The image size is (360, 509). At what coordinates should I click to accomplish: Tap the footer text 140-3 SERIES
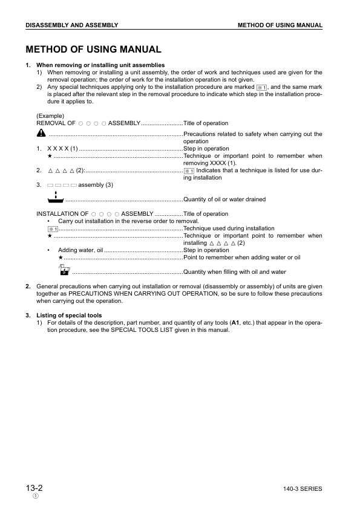pos(302,488)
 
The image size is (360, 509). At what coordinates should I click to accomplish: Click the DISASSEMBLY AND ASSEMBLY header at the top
pos(71,25)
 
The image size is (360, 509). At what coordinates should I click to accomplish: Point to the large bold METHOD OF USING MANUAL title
pos(93,50)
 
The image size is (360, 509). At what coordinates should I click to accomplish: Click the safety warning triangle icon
pos(41,133)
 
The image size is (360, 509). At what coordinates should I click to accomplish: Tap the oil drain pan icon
pos(54,197)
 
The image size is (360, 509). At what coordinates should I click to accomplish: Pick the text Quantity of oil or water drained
pos(224,199)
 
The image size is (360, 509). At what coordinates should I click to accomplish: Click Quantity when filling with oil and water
pos(235,272)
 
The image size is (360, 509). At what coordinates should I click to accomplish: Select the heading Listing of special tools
pos(69,316)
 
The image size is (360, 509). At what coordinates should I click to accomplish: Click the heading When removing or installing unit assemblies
pos(100,65)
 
